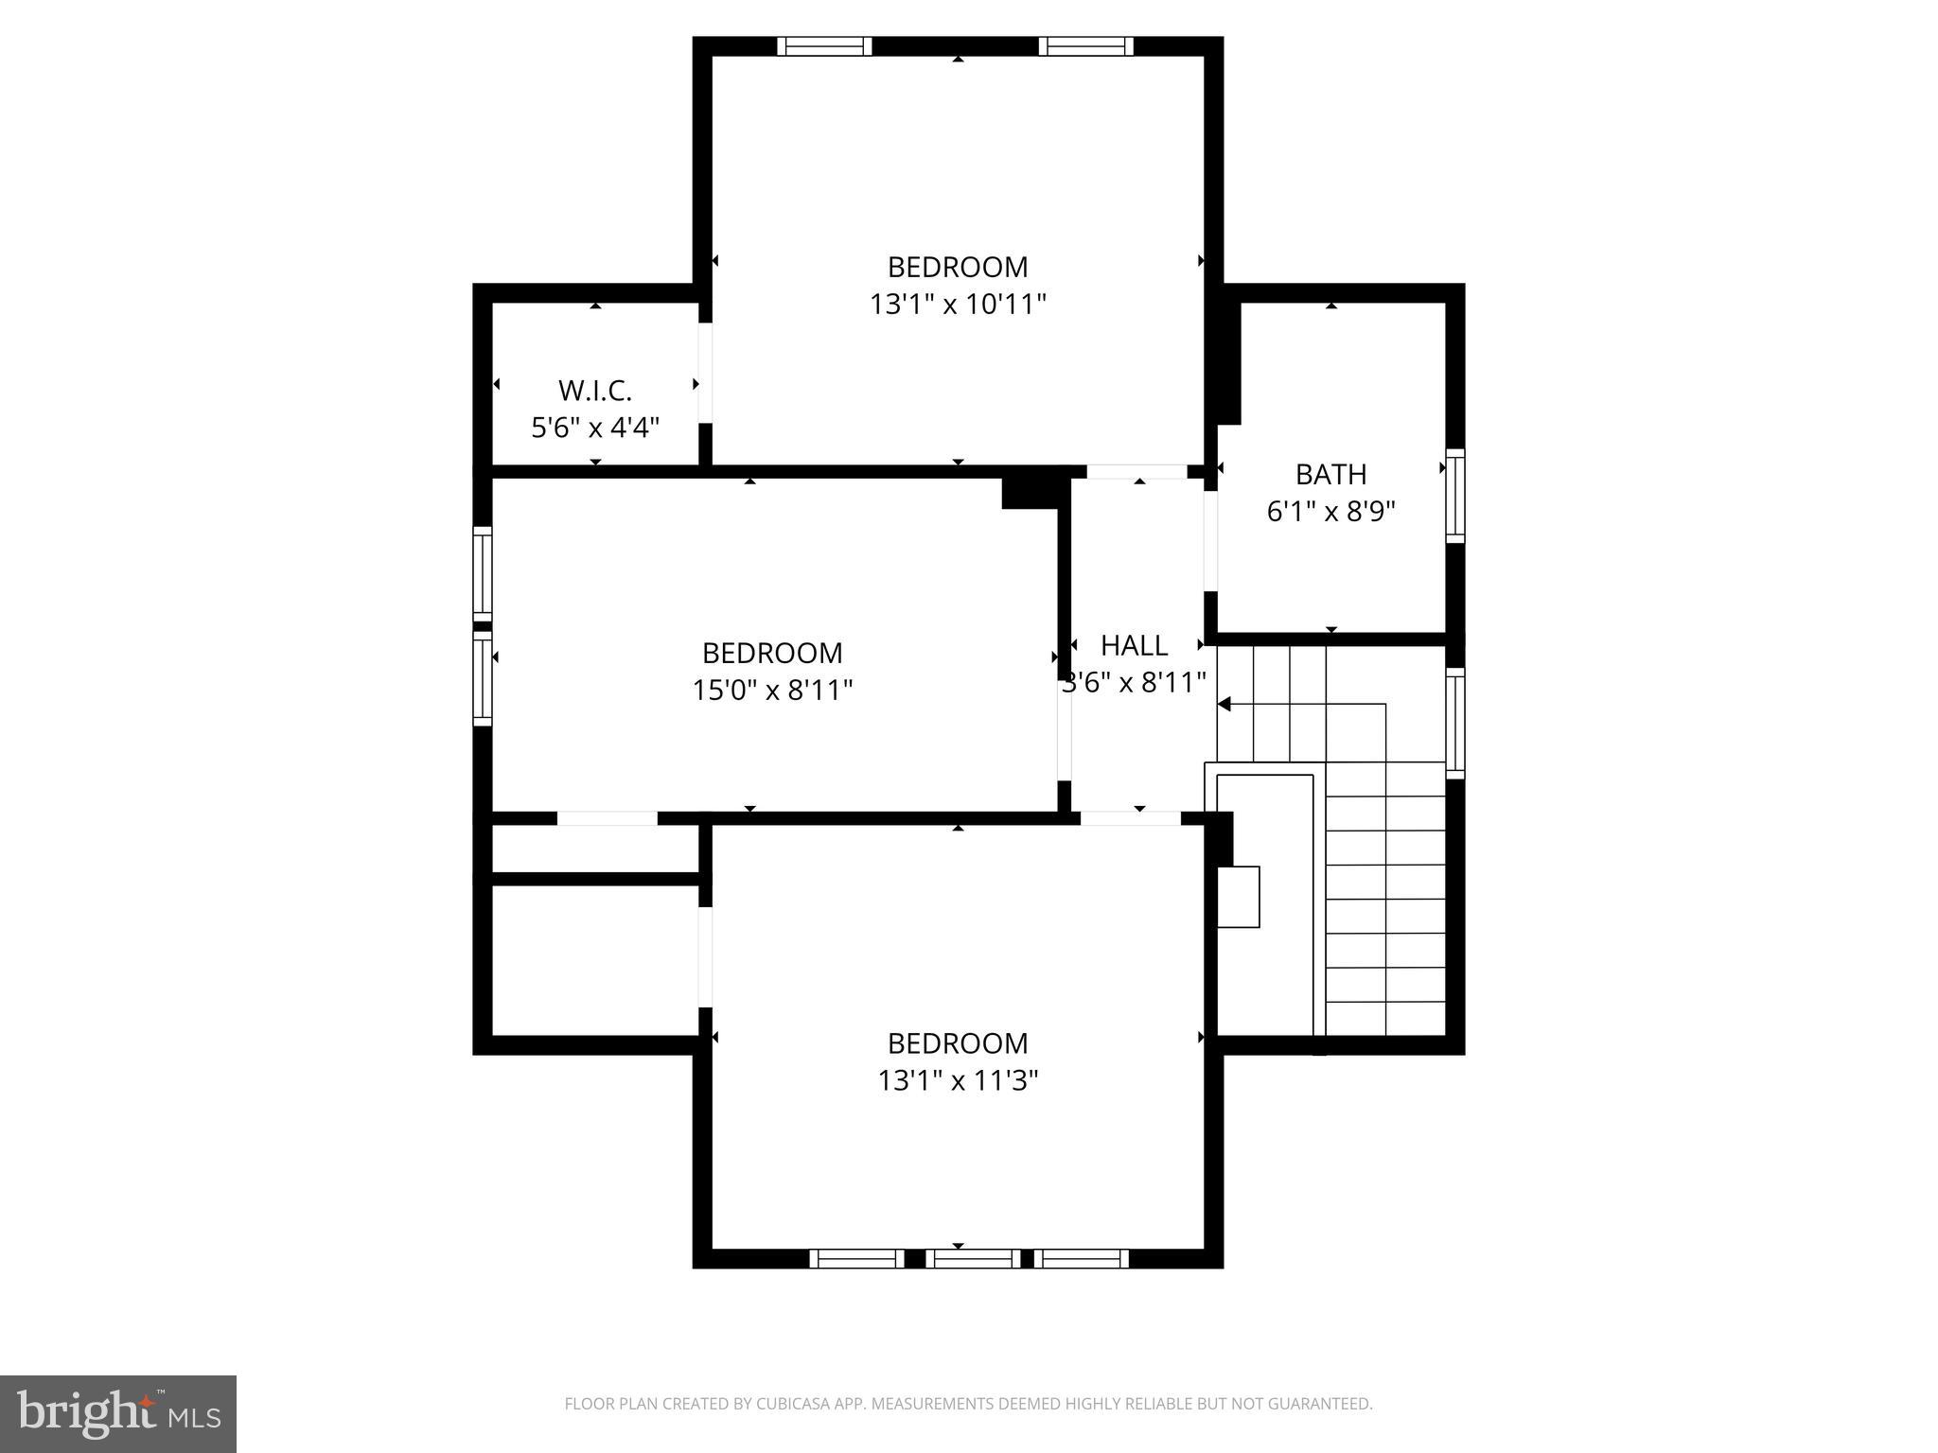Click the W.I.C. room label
[594, 390]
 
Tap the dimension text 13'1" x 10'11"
[958, 305]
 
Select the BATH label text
[1330, 474]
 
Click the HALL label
[1134, 645]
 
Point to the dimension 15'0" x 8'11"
[772, 691]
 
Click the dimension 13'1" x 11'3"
[958, 1080]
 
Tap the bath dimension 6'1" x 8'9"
[1330, 512]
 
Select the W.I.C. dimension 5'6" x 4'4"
[594, 428]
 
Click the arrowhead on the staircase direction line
[1224, 704]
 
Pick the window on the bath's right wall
[1455, 496]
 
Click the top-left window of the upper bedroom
[824, 46]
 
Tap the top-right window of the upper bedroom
[1085, 46]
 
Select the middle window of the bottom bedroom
[973, 1258]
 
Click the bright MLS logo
[118, 1413]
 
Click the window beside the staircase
[1455, 724]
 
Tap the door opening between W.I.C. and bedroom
[705, 373]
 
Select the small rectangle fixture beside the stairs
[1238, 897]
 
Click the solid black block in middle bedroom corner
[1030, 493]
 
